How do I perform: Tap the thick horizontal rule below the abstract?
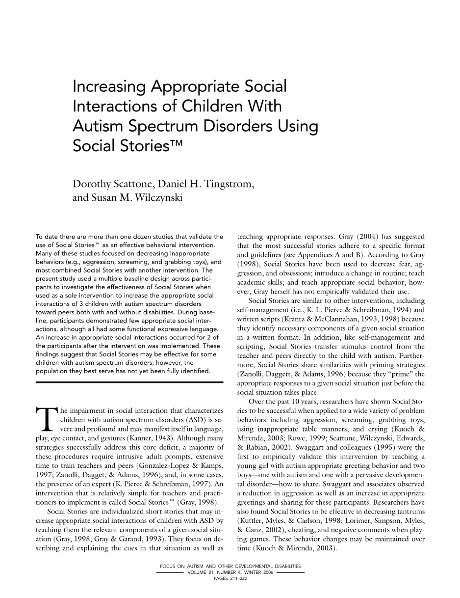129,381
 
